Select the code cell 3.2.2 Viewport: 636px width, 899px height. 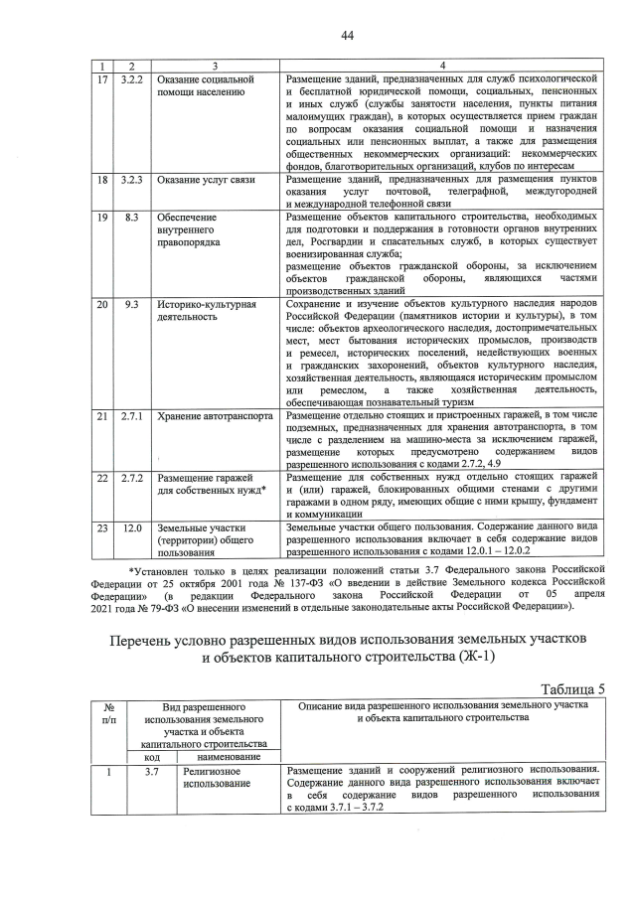click(x=132, y=78)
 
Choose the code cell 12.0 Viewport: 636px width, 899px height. click(x=132, y=528)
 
